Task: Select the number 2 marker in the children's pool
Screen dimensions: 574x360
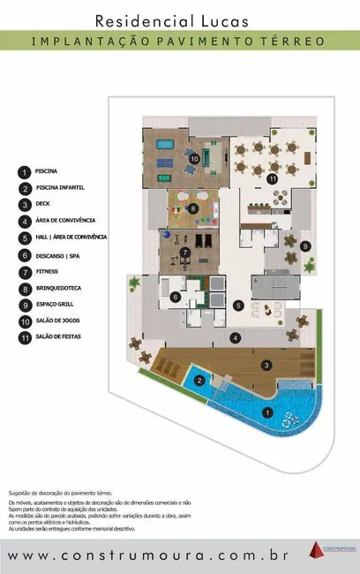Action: [200, 381]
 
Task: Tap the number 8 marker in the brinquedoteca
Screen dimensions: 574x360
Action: [193, 208]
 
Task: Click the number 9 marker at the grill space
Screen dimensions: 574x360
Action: [304, 245]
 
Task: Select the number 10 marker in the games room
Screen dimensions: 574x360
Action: [194, 158]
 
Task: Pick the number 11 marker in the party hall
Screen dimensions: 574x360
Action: [273, 179]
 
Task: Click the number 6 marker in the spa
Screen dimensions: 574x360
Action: [176, 298]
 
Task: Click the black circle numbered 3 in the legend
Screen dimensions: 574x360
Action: [24, 204]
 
